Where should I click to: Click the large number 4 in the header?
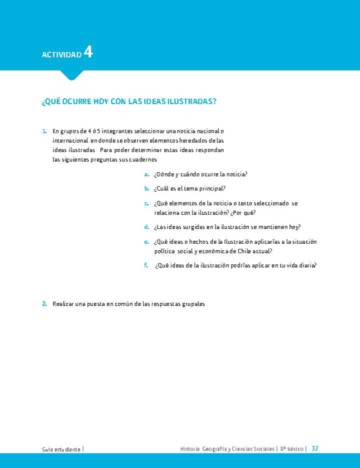click(x=88, y=52)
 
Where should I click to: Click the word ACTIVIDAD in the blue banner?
click(x=61, y=55)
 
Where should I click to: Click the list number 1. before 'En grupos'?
click(x=44, y=131)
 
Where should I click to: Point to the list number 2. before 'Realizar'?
click(x=44, y=304)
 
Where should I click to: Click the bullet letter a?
click(x=146, y=174)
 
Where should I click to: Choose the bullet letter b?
click(x=146, y=189)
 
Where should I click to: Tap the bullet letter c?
click(x=146, y=203)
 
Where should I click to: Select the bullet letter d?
click(x=146, y=227)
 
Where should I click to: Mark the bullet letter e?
click(x=146, y=242)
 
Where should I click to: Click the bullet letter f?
click(x=146, y=265)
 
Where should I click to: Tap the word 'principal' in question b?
click(x=212, y=189)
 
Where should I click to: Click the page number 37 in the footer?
click(x=315, y=448)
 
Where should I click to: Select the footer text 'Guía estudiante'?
click(x=61, y=449)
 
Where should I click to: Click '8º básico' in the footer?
click(x=292, y=449)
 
